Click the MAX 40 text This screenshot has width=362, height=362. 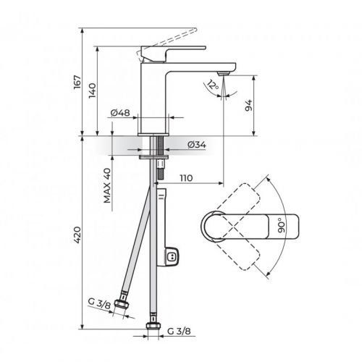[x=107, y=187]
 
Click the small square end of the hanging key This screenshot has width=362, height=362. [x=172, y=256]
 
